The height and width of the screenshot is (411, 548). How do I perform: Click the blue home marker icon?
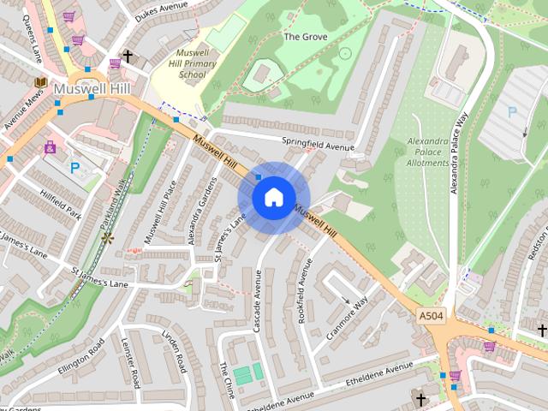[273, 198]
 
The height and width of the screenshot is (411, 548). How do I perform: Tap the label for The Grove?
[306, 38]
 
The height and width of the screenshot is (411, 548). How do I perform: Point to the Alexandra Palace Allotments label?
[427, 152]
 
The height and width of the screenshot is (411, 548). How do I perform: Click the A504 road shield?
[431, 316]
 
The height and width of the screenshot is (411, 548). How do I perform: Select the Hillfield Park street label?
[59, 202]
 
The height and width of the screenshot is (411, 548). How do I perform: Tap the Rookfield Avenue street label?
[301, 287]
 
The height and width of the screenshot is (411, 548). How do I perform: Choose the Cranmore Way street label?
[347, 319]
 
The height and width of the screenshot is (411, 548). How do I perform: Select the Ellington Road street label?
[81, 354]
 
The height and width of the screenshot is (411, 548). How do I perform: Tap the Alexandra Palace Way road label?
[460, 155]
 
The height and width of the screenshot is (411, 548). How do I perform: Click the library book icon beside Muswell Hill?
[39, 83]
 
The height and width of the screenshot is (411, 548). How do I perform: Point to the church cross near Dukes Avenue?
[128, 57]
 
